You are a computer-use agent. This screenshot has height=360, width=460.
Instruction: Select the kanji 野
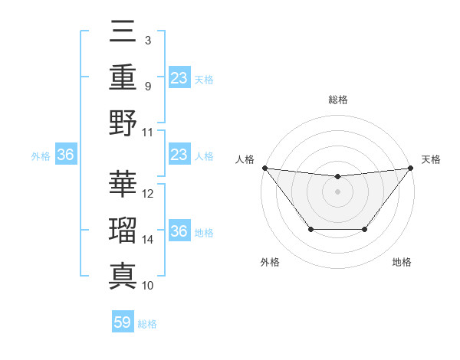(x=123, y=122)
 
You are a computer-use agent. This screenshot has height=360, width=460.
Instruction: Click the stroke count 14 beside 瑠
(x=148, y=240)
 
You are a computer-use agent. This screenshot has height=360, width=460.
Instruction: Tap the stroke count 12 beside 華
(x=148, y=194)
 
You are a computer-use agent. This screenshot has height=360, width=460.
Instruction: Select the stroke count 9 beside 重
(x=147, y=86)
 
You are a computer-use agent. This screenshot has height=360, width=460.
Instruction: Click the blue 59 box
(x=123, y=322)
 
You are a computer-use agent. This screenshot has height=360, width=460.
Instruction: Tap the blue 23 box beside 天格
(x=179, y=77)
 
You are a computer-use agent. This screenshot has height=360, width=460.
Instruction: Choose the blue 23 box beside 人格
(x=179, y=155)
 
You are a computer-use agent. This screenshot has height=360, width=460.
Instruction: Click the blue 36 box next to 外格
(x=66, y=155)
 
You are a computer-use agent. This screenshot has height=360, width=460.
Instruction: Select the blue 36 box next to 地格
(x=179, y=231)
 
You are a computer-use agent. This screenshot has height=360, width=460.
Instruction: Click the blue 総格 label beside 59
(x=147, y=324)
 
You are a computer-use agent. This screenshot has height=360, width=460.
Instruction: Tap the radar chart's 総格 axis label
(x=337, y=100)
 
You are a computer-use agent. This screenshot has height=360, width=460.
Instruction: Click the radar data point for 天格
(x=410, y=168)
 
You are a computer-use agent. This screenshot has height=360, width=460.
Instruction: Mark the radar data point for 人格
(x=264, y=168)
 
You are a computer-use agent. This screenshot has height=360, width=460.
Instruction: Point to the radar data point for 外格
(x=310, y=229)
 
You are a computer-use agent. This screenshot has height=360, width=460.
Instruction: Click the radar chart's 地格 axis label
(x=402, y=262)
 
